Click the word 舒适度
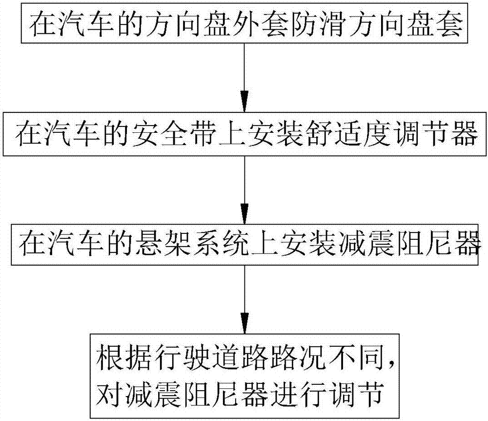click(x=348, y=134)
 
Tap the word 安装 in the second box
click(x=275, y=134)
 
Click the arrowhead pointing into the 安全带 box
click(x=244, y=101)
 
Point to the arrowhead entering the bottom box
click(x=244, y=323)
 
